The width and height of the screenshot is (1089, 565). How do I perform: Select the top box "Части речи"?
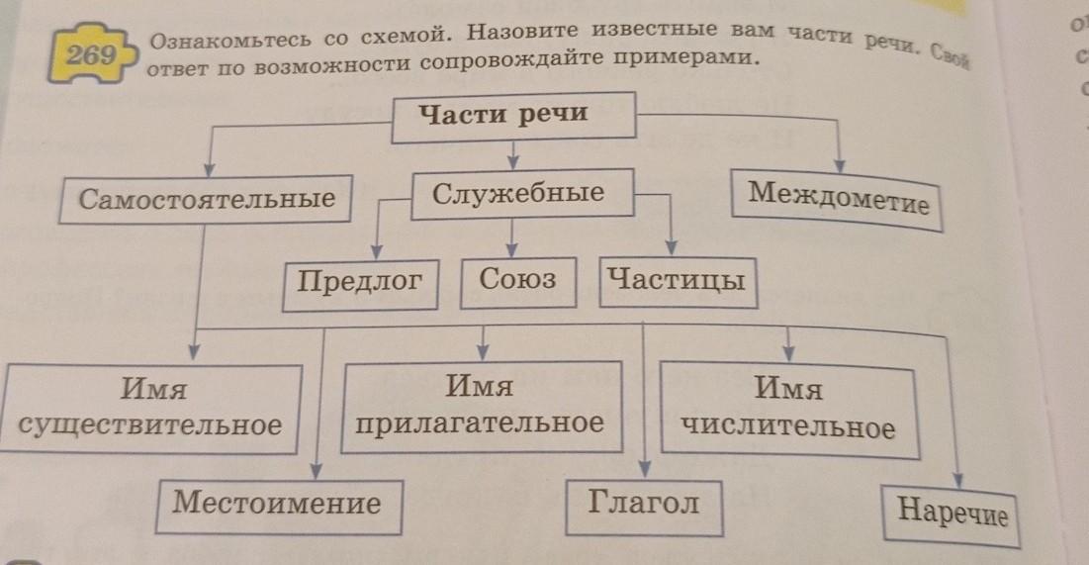(x=513, y=117)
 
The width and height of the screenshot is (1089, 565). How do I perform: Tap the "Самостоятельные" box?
(x=206, y=200)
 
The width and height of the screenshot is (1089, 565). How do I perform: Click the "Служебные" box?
(x=522, y=194)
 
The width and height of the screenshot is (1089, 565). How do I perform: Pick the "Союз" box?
(x=518, y=282)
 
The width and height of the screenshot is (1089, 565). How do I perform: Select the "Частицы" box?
(x=678, y=283)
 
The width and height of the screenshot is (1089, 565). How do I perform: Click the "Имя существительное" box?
(x=150, y=408)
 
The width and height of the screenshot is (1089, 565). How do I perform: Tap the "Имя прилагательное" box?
(x=482, y=407)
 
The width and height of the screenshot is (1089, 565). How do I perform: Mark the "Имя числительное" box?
(x=789, y=410)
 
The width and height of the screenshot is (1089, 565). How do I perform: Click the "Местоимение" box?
(x=278, y=507)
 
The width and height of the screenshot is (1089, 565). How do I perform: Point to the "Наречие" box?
(x=951, y=516)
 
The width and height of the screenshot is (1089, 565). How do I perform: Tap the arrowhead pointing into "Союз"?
(x=511, y=249)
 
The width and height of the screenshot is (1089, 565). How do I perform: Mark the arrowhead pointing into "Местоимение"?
(x=316, y=471)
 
